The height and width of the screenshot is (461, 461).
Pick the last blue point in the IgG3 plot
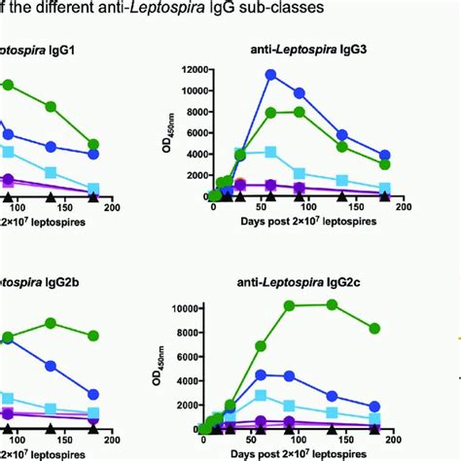[385, 156]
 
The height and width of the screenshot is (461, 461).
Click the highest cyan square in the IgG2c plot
[261, 395]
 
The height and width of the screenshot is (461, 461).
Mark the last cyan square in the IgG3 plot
[385, 188]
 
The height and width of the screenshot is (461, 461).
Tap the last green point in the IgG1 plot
[92, 144]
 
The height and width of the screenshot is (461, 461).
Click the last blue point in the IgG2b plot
[92, 395]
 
